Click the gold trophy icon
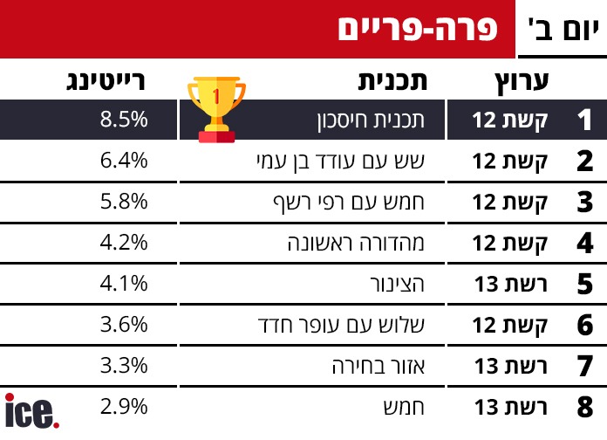tap(216, 110)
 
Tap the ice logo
tap(31, 410)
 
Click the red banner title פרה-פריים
tap(417, 29)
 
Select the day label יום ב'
tap(563, 30)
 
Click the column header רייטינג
tap(106, 81)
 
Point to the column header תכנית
tap(392, 81)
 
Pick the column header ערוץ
tap(522, 82)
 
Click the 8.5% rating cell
tap(124, 119)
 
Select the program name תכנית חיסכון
tap(371, 120)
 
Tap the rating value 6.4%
tap(124, 160)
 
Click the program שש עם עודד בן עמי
tap(341, 162)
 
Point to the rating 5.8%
tap(124, 201)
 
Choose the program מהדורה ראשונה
tap(356, 243)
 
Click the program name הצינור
tap(397, 284)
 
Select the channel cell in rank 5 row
tap(510, 284)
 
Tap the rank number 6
tap(585, 325)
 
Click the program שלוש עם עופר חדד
tap(342, 326)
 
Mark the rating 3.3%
tap(124, 366)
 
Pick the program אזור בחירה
tap(379, 367)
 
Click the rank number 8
tap(585, 407)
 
